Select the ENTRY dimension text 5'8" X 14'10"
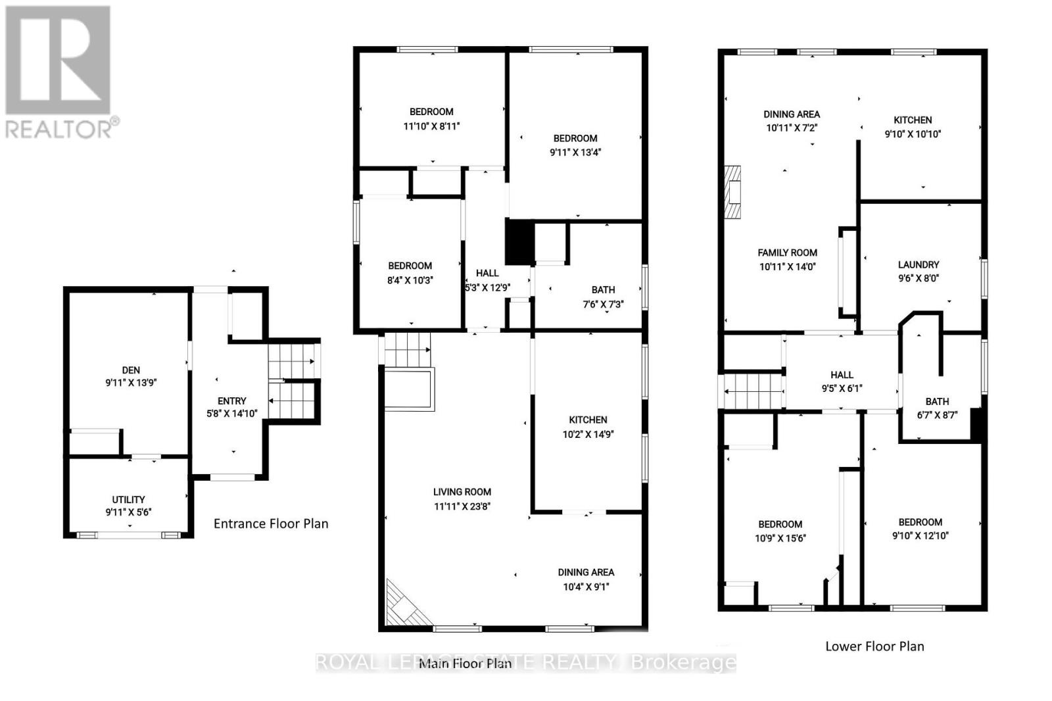[231, 414]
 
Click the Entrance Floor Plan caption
[271, 523]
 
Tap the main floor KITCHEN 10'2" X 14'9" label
[588, 427]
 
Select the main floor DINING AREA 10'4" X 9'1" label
[586, 579]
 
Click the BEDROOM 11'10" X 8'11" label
[431, 119]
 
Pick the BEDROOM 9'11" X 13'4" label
[575, 145]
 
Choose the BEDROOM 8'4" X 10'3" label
[410, 273]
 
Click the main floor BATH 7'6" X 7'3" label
[603, 297]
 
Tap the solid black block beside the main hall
[519, 243]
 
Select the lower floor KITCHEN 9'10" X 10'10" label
[913, 127]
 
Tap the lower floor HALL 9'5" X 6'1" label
[842, 381]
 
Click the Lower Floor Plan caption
[874, 646]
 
